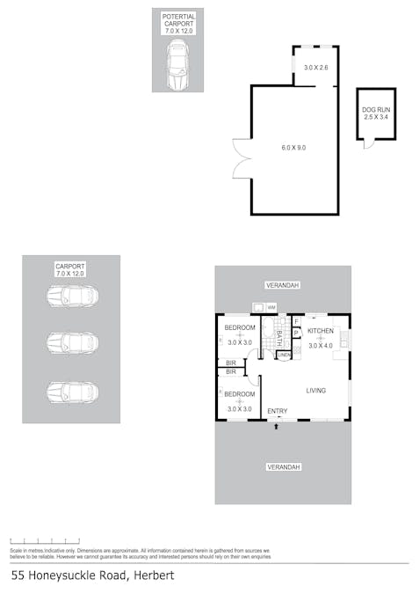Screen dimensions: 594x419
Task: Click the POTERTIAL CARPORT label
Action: click(178, 23)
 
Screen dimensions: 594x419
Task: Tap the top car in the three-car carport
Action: click(72, 296)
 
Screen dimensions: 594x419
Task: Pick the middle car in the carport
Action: click(72, 342)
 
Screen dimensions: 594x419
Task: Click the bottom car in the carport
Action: click(72, 390)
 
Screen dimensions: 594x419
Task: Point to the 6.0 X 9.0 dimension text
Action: click(293, 148)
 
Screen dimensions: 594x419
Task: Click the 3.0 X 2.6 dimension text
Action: click(314, 68)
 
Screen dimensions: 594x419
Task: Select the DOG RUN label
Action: click(375, 113)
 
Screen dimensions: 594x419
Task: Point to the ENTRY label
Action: click(278, 411)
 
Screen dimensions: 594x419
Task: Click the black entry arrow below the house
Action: click(278, 426)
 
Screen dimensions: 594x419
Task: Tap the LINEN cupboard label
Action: click(283, 355)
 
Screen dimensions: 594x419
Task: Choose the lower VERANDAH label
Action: click(283, 466)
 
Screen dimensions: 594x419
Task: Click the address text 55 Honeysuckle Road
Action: click(93, 576)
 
